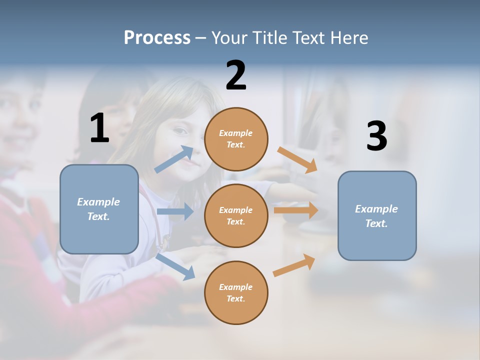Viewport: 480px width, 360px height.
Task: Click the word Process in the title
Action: click(157, 37)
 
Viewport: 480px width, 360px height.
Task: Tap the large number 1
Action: click(99, 128)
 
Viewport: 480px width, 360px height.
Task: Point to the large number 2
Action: click(236, 75)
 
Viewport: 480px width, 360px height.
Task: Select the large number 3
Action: click(376, 136)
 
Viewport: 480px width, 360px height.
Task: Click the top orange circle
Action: click(236, 139)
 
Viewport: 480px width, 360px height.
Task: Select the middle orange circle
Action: click(236, 215)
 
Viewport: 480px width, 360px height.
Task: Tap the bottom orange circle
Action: click(236, 292)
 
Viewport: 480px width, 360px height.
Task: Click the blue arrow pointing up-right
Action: click(174, 159)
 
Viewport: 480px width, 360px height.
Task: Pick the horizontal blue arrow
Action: click(175, 211)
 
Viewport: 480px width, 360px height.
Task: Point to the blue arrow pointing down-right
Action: click(175, 266)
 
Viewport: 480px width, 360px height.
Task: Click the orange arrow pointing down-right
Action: click(297, 159)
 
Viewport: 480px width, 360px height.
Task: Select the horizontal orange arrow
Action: click(296, 210)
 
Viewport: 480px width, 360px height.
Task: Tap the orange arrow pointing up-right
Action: click(294, 265)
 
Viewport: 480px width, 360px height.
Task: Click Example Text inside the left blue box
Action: click(98, 209)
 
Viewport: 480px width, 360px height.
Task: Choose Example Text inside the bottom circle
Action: click(235, 292)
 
